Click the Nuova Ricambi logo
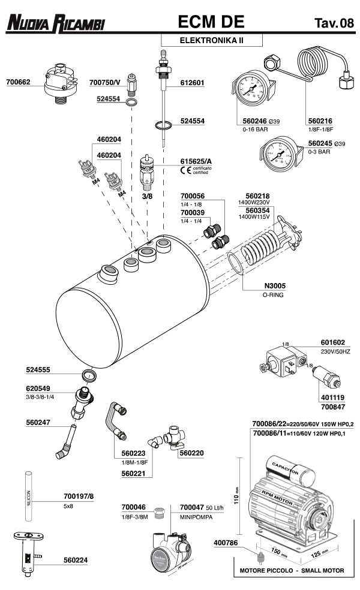[x=56, y=23]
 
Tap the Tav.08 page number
[x=334, y=23]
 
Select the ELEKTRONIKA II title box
[x=204, y=41]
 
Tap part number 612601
[x=193, y=83]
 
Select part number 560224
[x=76, y=560]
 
